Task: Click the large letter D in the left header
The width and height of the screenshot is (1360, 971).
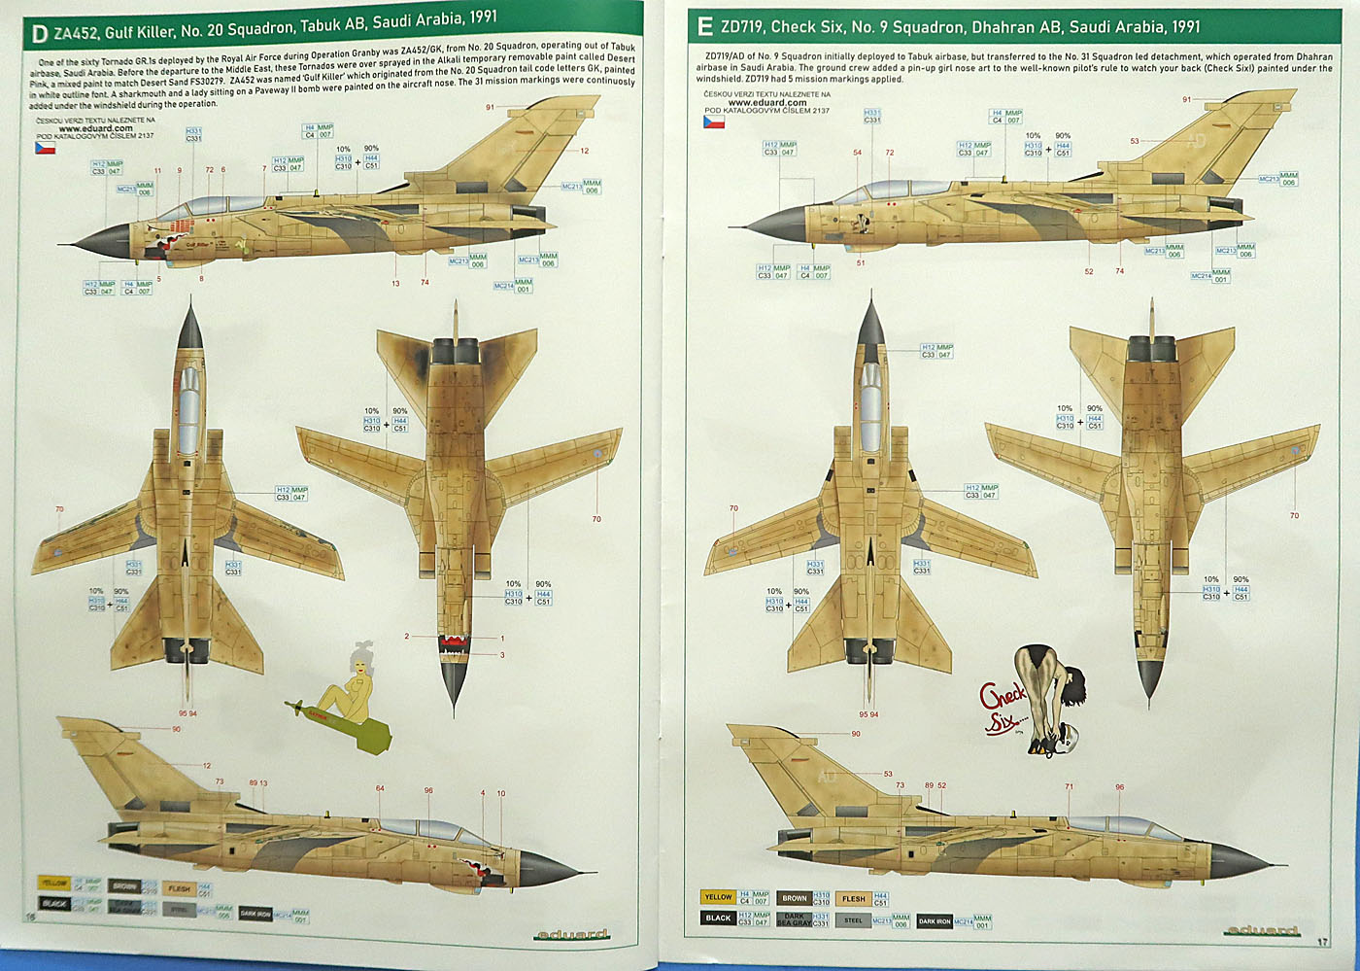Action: (39, 34)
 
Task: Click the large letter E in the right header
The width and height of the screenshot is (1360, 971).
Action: (704, 26)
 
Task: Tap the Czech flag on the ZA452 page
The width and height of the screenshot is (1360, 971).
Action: (45, 148)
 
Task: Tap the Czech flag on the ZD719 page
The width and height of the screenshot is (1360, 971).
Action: (714, 122)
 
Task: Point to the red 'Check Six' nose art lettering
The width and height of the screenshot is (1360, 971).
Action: (1002, 709)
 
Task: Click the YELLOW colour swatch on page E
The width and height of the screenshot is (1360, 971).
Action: (718, 897)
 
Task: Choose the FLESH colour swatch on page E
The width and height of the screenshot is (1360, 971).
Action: (854, 898)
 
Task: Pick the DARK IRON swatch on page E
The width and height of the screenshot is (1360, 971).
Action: (935, 920)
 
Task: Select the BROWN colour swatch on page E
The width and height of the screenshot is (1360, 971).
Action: (794, 898)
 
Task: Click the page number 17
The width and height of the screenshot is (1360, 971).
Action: (1322, 941)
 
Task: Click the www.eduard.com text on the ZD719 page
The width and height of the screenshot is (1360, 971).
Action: (766, 103)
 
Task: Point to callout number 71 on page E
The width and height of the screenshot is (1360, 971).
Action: (1069, 787)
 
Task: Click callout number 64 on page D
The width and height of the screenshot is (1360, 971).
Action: (380, 789)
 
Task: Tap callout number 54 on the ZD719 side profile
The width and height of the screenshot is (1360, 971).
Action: (857, 153)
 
